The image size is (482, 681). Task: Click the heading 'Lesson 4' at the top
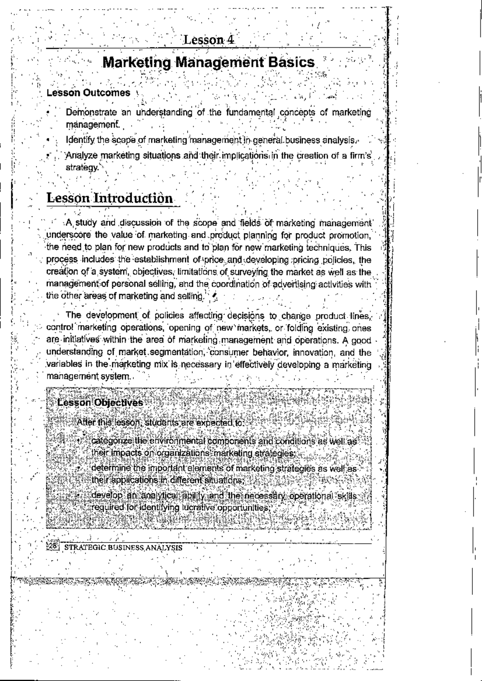coord(208,40)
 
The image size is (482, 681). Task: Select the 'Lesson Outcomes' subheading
coord(88,93)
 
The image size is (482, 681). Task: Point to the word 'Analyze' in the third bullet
coord(82,155)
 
